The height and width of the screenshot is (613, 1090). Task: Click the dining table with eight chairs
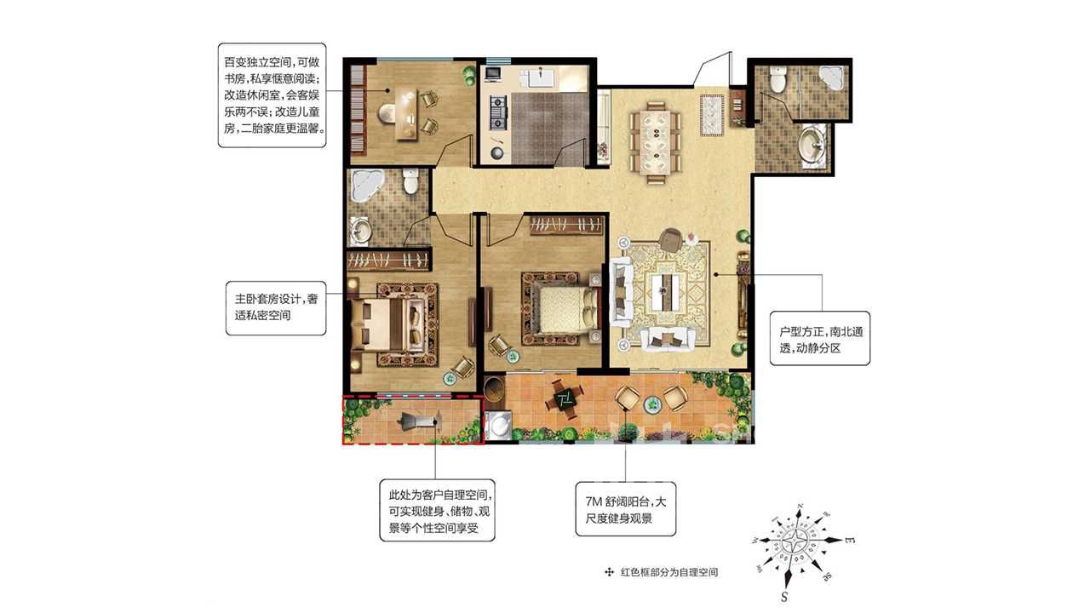pos(656,142)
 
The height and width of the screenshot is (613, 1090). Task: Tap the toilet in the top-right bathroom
pos(777,79)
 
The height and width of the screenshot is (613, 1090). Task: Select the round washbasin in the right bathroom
pos(811,141)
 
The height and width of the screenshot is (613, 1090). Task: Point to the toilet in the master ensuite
pos(410,180)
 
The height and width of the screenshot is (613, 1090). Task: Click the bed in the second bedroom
pos(565,309)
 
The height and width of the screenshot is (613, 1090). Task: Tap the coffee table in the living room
pos(664,291)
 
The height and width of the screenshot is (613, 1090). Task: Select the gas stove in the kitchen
pos(498,113)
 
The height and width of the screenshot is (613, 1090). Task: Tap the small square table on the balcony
pos(565,400)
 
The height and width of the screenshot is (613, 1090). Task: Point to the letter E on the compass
pos(850,540)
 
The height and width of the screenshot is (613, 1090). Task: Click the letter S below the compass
pos(784,596)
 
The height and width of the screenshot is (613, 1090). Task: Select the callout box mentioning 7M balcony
pos(626,509)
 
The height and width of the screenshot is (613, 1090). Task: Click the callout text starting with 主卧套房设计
pos(277,307)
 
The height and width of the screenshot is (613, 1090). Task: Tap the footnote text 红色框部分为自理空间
pos(669,572)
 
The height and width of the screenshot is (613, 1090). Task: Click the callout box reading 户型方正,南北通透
pos(820,339)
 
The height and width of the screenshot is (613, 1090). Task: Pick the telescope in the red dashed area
pos(419,420)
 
